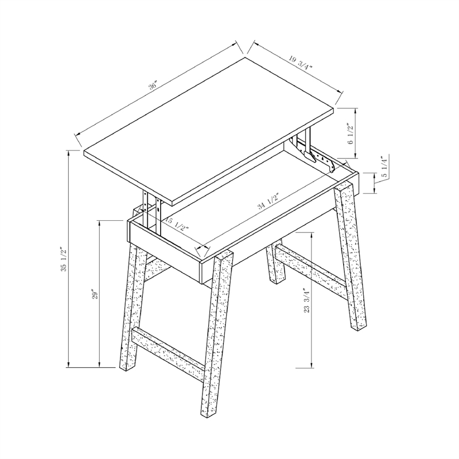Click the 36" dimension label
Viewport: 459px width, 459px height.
[153, 87]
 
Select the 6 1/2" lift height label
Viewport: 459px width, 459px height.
[351, 134]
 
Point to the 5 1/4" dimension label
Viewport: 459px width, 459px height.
[384, 166]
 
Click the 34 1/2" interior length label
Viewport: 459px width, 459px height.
[269, 201]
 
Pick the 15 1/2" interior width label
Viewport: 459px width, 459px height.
[176, 224]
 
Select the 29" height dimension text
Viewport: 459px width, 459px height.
[94, 294]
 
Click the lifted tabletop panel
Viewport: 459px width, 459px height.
[208, 131]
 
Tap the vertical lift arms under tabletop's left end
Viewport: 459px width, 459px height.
[152, 213]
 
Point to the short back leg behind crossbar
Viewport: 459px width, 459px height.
[275, 262]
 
